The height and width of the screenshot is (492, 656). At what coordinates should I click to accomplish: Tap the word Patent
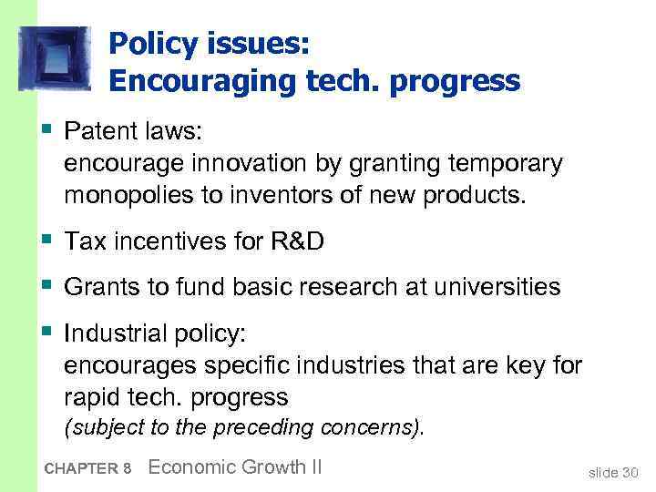(97, 132)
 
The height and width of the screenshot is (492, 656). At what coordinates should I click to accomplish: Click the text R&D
(295, 241)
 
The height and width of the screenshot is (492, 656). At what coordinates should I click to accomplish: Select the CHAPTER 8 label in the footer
(87, 469)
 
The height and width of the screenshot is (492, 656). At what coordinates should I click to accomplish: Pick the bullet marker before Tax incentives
(47, 240)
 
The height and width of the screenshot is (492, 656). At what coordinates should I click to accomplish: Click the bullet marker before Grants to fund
(47, 285)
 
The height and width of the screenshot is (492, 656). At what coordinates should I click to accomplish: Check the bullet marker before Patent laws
(47, 130)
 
